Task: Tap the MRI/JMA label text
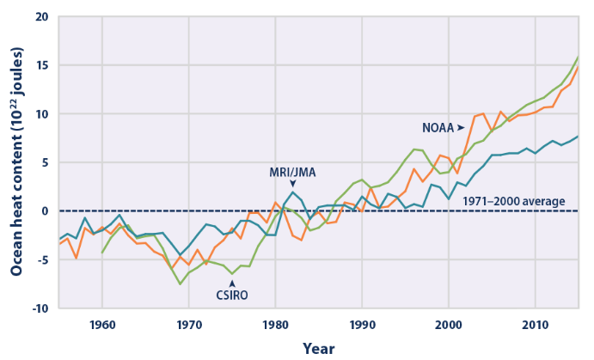point(292,172)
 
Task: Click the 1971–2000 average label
point(514,202)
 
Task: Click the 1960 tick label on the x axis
point(102,325)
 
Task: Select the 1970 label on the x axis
point(189,325)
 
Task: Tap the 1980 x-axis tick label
point(275,325)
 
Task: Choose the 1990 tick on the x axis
point(362,325)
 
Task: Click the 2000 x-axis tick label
point(449,325)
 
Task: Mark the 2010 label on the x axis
point(535,325)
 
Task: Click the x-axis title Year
point(319,348)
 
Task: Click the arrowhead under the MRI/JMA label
point(292,183)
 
